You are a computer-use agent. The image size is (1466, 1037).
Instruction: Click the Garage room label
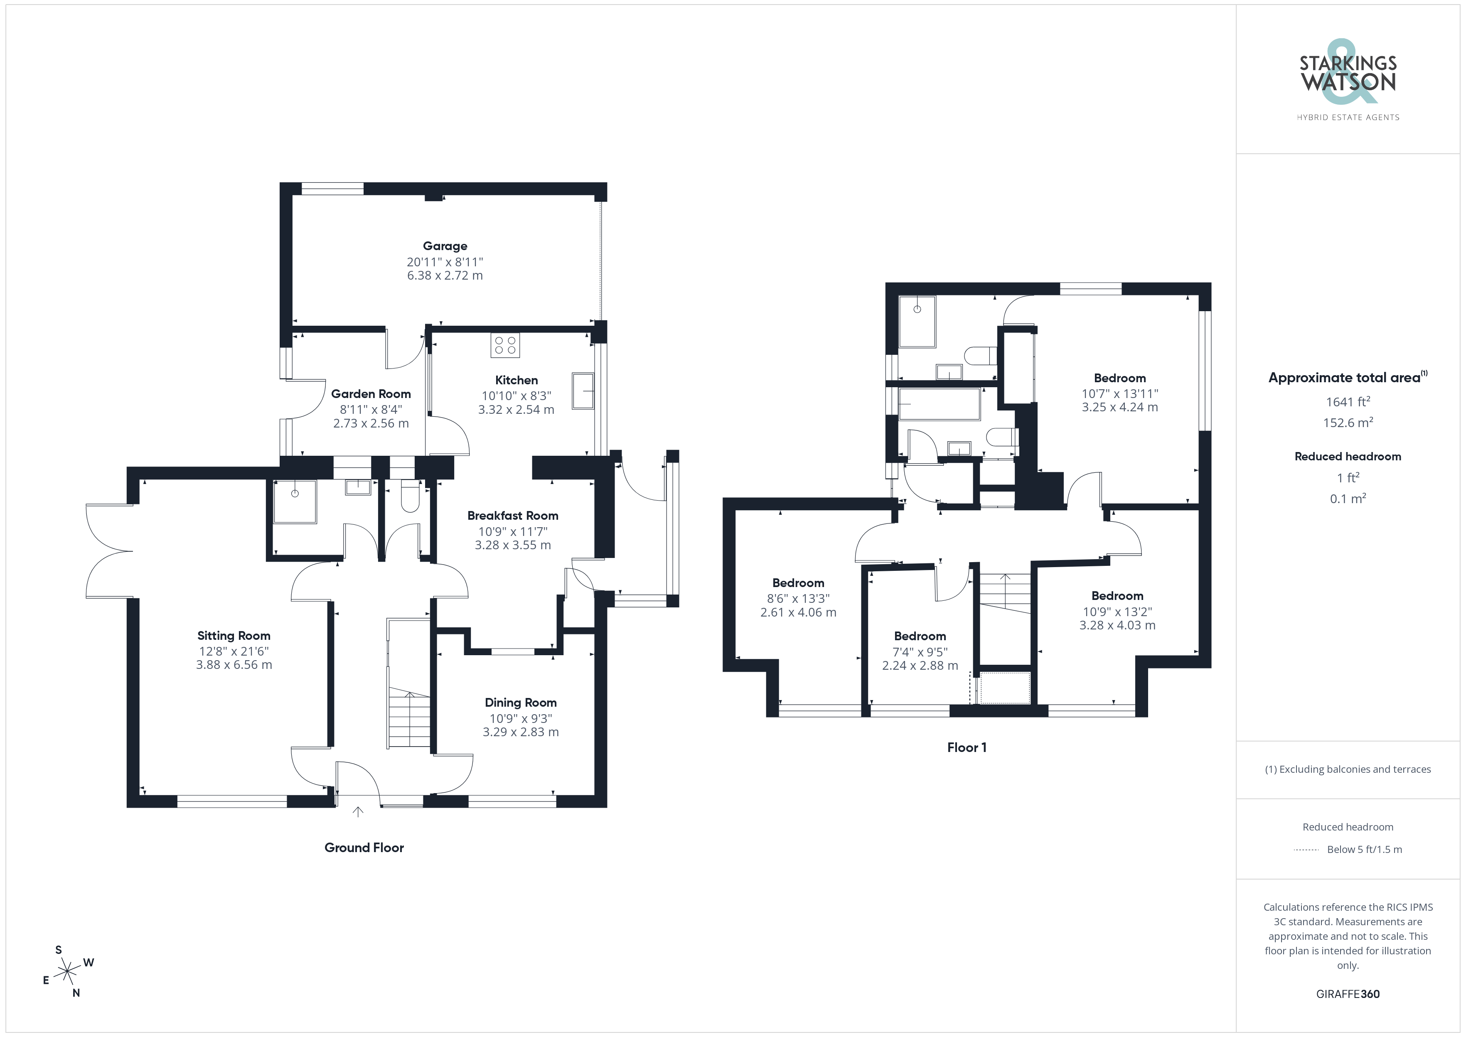pyautogui.click(x=445, y=246)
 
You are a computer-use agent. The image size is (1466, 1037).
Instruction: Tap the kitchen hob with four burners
pyautogui.click(x=505, y=345)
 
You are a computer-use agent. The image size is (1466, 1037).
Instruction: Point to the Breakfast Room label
pyautogui.click(x=513, y=515)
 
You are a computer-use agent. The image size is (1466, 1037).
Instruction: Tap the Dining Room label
pyautogui.click(x=520, y=703)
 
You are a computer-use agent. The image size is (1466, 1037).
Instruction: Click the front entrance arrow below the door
pyautogui.click(x=358, y=811)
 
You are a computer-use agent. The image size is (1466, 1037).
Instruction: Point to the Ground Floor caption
pyautogui.click(x=364, y=848)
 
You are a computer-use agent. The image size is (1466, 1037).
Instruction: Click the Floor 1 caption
pyautogui.click(x=967, y=747)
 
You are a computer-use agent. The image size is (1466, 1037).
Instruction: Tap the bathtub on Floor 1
pyautogui.click(x=939, y=404)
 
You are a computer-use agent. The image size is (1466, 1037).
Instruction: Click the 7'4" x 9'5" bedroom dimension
pyautogui.click(x=920, y=652)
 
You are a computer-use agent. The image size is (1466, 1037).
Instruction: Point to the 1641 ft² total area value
pyautogui.click(x=1348, y=402)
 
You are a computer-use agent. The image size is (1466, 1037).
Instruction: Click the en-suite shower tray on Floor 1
pyautogui.click(x=917, y=321)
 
